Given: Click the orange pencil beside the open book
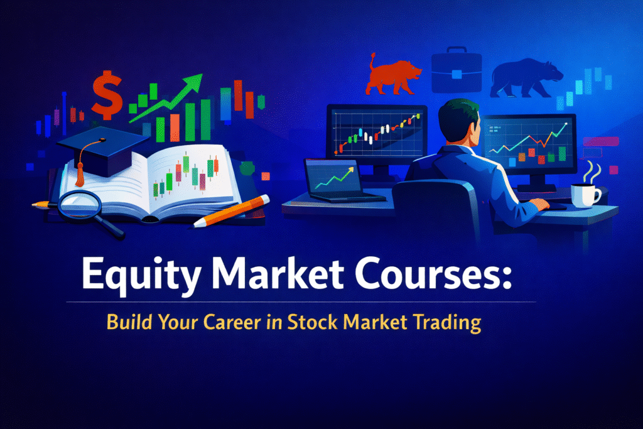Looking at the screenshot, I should tap(232, 211).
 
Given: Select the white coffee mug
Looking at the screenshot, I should tap(585, 195).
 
